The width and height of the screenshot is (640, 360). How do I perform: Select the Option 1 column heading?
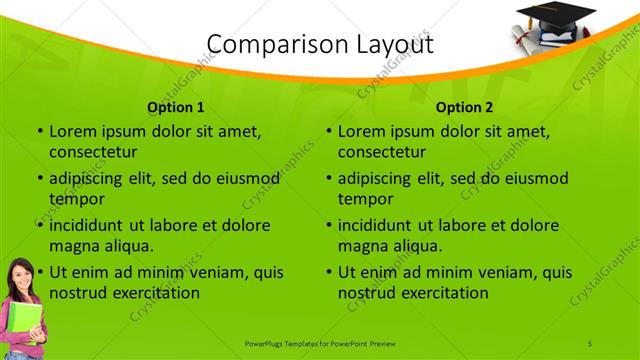coord(176,106)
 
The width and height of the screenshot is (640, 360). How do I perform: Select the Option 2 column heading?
coord(465,106)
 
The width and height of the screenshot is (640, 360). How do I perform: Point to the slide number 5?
coord(590,344)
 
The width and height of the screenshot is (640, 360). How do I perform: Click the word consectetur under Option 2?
coord(382,153)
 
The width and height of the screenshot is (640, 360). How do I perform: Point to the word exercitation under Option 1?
coord(156,294)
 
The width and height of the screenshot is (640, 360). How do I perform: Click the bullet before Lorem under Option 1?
coord(39,131)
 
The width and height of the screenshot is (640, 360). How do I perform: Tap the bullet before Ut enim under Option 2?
coord(328,272)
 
